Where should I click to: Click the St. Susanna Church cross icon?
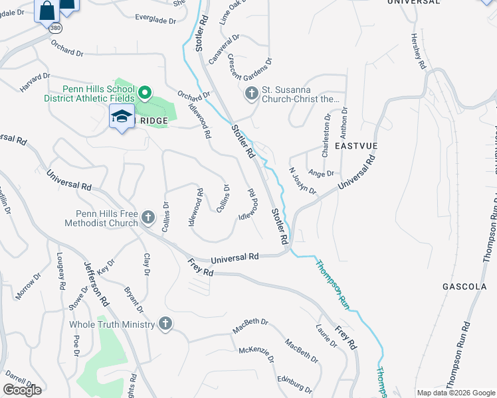pyautogui.click(x=252, y=94)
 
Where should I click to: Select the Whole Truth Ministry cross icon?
pyautogui.click(x=165, y=324)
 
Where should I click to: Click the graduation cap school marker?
pyautogui.click(x=122, y=117)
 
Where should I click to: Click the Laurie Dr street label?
pyautogui.click(x=327, y=335)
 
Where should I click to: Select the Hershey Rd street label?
pyautogui.click(x=417, y=52)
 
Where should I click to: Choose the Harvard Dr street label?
pyautogui.click(x=35, y=82)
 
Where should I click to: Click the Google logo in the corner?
pyautogui.click(x=23, y=390)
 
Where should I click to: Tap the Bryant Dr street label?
pyautogui.click(x=134, y=299)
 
